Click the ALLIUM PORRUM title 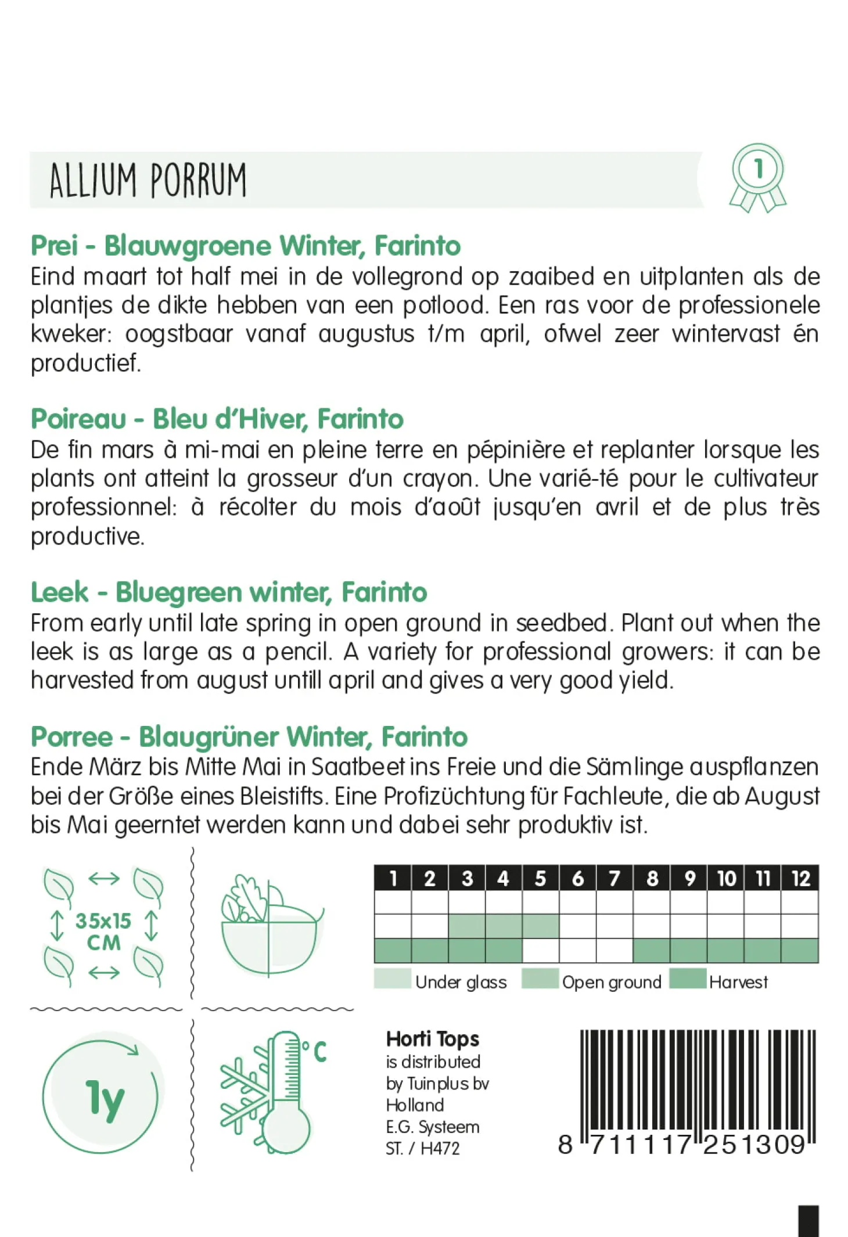tap(148, 179)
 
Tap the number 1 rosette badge tap(757, 177)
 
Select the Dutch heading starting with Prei tap(245, 246)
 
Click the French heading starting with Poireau tap(217, 419)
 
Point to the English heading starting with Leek tap(229, 592)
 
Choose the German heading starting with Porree tap(249, 737)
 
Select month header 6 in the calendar tap(577, 878)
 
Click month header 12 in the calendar tap(800, 878)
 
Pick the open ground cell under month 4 tap(504, 926)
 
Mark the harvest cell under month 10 tap(725, 951)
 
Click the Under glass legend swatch tap(393, 979)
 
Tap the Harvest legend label tap(738, 982)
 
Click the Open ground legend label tap(612, 982)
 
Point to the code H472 tap(440, 1148)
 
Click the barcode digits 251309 tap(754, 1145)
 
